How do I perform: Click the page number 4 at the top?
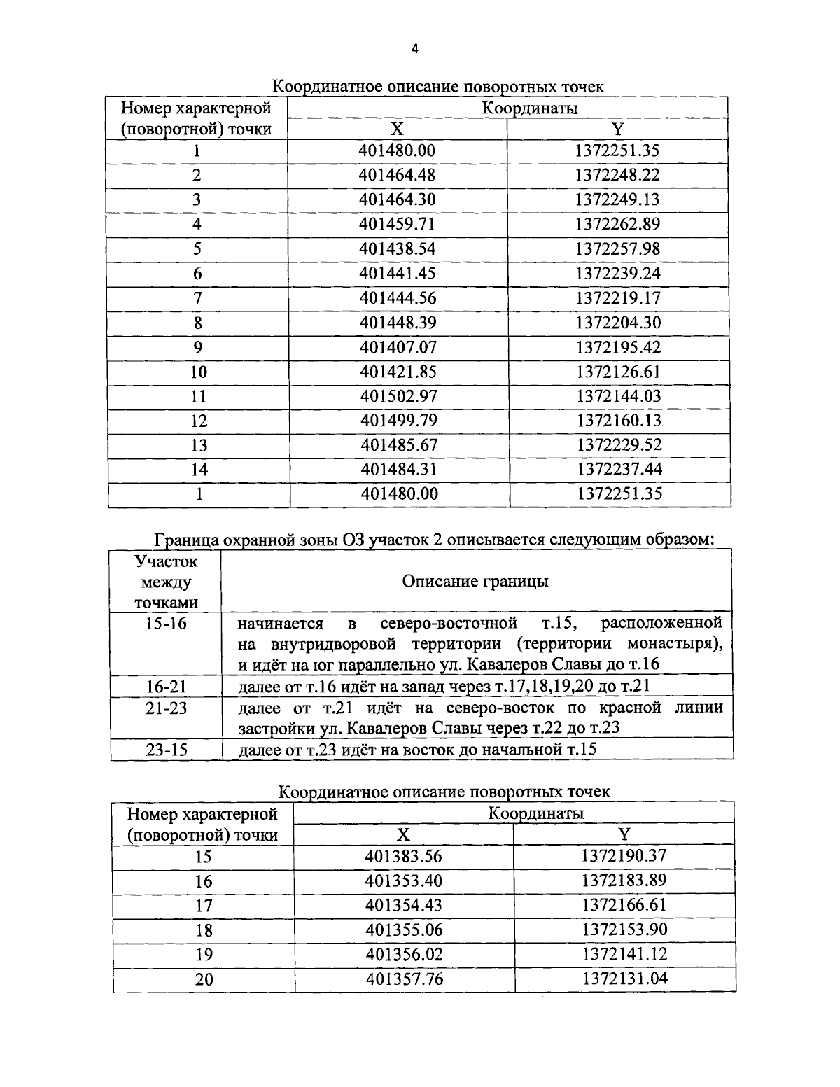414,48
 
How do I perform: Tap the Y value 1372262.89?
617,224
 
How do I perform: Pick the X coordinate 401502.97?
398,396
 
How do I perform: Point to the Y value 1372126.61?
618,372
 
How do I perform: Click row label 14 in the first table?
199,470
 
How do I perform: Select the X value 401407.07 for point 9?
398,347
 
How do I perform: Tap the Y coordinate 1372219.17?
618,298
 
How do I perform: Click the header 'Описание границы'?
475,582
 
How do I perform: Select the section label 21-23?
166,708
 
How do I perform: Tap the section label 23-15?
167,750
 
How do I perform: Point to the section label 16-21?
166,687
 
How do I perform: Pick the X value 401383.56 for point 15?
404,856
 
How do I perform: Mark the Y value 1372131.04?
624,979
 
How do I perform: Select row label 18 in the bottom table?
203,930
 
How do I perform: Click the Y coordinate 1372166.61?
624,905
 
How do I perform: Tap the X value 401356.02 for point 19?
404,955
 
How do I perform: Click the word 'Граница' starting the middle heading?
184,540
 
